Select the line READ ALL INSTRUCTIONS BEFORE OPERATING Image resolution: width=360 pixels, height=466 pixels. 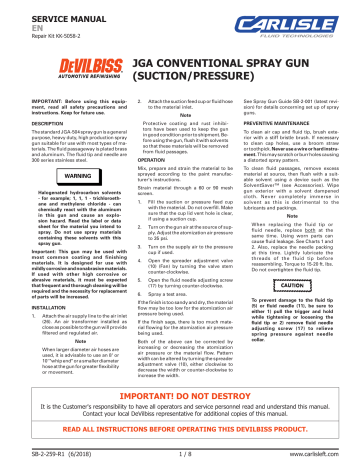180,435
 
